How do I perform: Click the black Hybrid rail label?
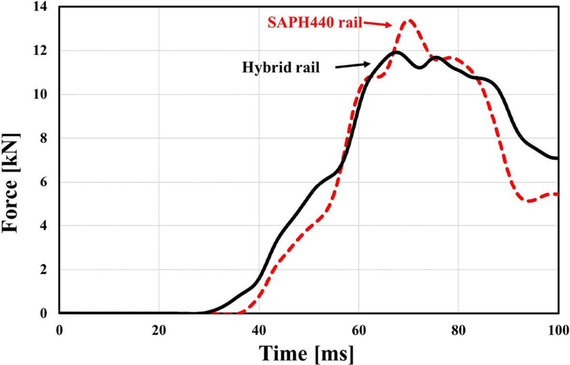280,67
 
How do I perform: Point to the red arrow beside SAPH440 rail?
379,25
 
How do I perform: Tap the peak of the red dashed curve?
409,20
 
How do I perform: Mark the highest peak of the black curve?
397,51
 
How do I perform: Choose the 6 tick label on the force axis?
49,183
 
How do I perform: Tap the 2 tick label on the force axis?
49,270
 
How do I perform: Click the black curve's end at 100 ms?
558,158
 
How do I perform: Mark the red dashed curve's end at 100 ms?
558,194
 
